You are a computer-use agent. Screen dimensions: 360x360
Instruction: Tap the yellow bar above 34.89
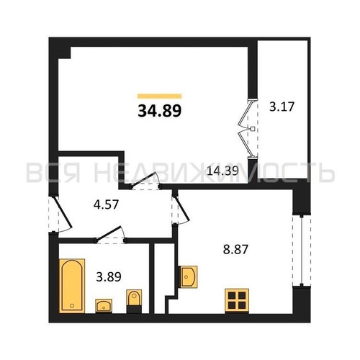(159, 95)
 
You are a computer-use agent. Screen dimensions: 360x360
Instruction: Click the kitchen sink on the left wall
(190, 276)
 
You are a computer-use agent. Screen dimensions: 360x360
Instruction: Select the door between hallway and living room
(146, 184)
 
